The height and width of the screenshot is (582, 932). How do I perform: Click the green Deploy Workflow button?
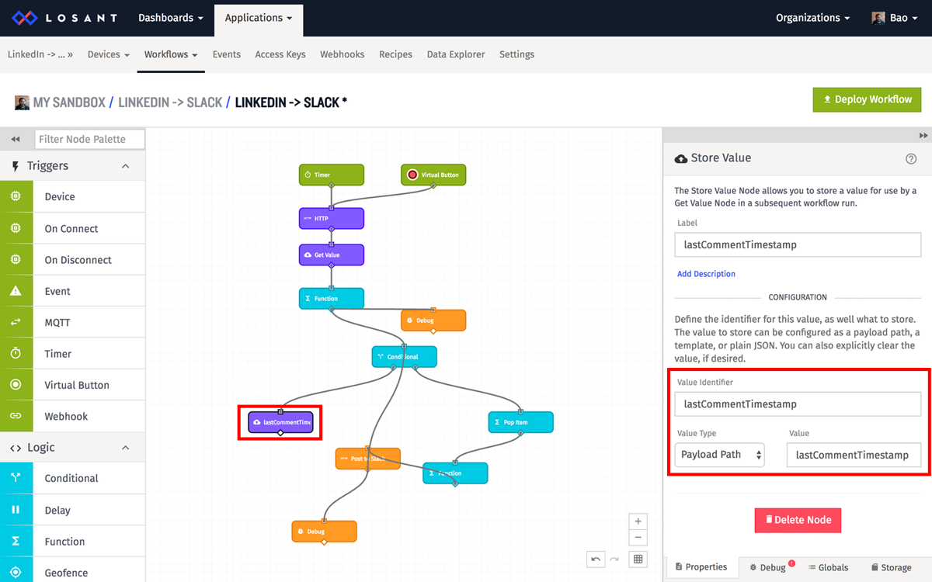click(x=867, y=99)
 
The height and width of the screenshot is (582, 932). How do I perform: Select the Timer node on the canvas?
click(x=331, y=175)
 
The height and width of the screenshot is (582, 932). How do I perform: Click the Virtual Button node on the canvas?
click(x=433, y=175)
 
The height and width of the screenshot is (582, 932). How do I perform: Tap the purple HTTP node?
click(x=331, y=218)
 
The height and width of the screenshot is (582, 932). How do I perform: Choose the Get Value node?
click(x=331, y=255)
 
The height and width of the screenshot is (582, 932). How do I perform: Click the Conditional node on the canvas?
click(x=404, y=357)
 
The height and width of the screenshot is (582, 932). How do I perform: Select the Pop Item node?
click(x=520, y=422)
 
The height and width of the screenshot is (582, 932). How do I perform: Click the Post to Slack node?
click(x=367, y=459)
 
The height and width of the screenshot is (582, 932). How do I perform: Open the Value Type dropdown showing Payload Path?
click(x=718, y=455)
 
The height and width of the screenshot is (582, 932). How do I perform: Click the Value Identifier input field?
click(x=798, y=404)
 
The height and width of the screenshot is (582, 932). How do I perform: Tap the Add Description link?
click(x=706, y=274)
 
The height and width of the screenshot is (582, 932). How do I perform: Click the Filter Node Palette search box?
click(x=90, y=139)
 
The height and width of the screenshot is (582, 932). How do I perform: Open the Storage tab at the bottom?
click(x=891, y=567)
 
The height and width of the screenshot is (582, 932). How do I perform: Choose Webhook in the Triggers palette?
click(x=66, y=417)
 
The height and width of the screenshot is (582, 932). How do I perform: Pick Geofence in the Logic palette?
click(x=66, y=573)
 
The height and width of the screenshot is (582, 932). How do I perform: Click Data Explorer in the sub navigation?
click(x=456, y=54)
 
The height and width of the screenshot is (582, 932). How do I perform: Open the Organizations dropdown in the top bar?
click(x=812, y=18)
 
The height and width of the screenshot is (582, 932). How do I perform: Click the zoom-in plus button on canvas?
click(x=638, y=521)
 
